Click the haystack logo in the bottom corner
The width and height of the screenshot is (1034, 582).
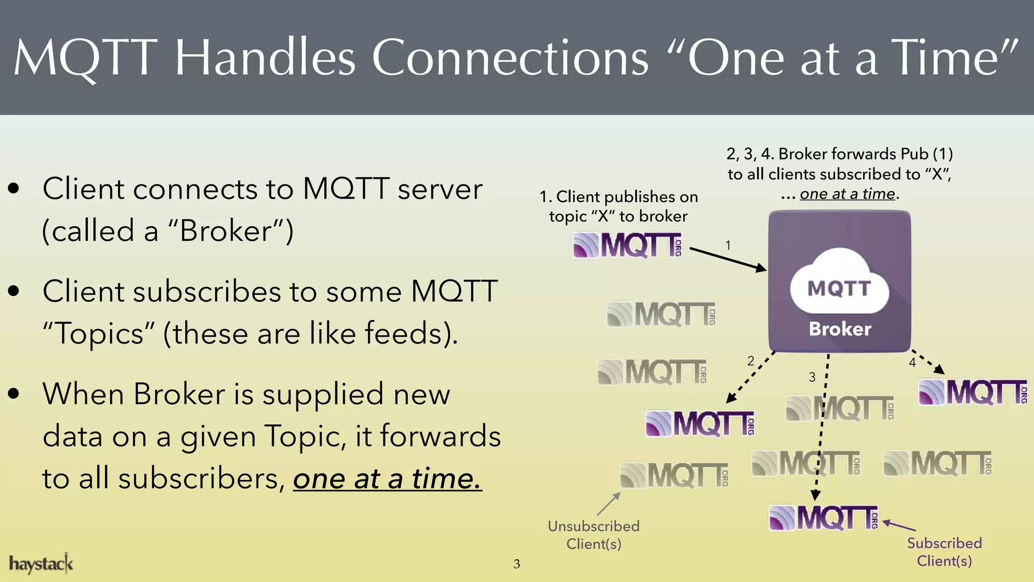(x=41, y=563)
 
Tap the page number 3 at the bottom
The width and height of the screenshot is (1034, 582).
(x=516, y=564)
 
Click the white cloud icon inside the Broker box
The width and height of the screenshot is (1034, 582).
(x=839, y=283)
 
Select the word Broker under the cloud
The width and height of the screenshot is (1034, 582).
(x=840, y=329)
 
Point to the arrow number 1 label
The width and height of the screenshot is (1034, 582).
(x=728, y=246)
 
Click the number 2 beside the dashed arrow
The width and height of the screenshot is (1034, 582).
(x=751, y=361)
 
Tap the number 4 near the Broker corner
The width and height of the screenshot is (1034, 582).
(x=912, y=363)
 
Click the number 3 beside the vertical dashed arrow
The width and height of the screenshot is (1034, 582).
(x=812, y=377)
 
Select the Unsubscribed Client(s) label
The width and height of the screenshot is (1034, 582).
(x=594, y=535)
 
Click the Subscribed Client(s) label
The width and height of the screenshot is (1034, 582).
(x=944, y=552)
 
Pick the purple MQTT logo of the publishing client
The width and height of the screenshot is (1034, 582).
(x=628, y=246)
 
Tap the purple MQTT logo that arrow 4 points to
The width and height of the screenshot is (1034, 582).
(x=972, y=393)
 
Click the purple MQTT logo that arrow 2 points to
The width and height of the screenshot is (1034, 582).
(x=700, y=423)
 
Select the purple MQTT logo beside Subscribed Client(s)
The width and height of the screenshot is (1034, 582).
(x=823, y=518)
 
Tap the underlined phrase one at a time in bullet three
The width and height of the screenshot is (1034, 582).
(x=387, y=478)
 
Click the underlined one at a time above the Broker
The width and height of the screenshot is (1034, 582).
(x=847, y=194)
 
